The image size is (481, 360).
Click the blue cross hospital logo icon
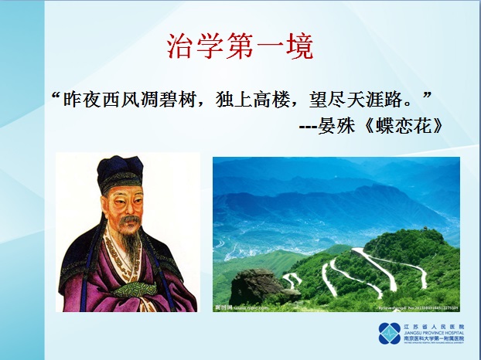pyautogui.click(x=389, y=333)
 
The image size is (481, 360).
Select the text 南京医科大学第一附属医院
pyautogui.click(x=430, y=339)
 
